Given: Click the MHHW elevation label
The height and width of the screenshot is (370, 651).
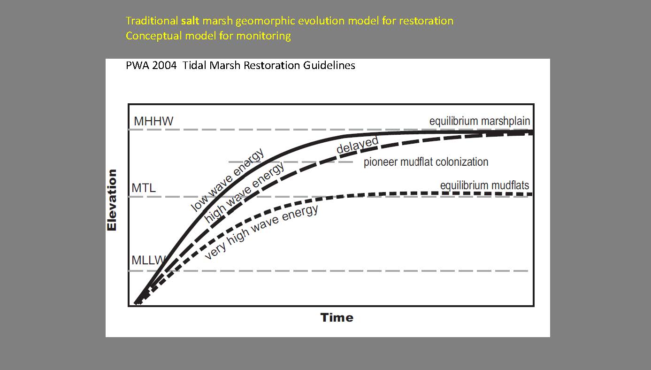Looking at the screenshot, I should point(153,121).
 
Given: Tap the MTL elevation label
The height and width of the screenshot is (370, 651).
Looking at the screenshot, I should point(144,188).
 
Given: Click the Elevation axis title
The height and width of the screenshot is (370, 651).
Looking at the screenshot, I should point(112,200).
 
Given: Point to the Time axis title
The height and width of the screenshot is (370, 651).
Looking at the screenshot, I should point(337,318).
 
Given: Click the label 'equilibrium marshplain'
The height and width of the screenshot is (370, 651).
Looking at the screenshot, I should point(479,121).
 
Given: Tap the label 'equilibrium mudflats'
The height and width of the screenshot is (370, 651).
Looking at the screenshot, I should point(484,186).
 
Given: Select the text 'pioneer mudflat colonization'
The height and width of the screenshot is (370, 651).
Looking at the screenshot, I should point(426,162).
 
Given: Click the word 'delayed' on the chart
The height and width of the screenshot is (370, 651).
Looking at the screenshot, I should point(358,145).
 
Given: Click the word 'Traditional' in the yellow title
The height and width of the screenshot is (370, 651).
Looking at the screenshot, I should point(151,21).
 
